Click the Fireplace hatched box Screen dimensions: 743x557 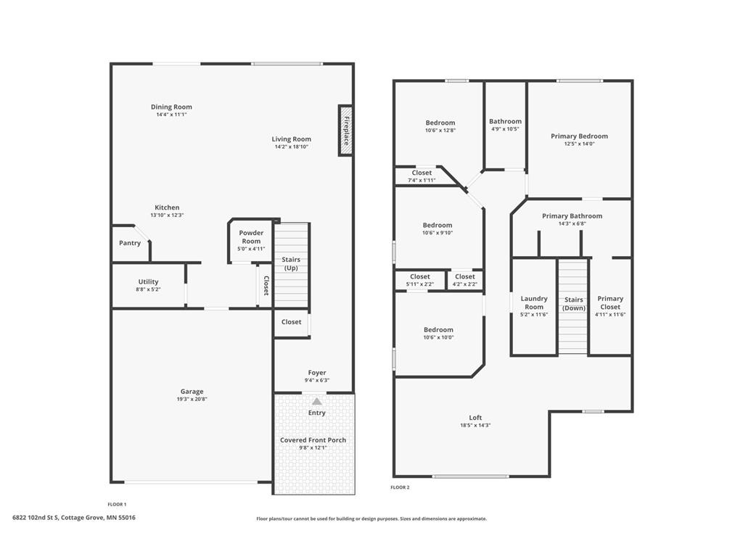(x=346, y=131)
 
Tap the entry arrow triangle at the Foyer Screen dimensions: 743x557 (x=317, y=402)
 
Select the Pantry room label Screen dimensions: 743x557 (x=130, y=243)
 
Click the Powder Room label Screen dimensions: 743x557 (x=251, y=237)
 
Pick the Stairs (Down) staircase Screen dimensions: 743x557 (x=573, y=307)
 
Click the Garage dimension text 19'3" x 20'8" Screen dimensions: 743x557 (x=192, y=400)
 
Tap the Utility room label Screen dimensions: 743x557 (x=148, y=282)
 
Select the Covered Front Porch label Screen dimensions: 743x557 (x=313, y=440)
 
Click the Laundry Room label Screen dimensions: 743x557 (x=534, y=302)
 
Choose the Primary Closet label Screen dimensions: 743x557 (x=610, y=302)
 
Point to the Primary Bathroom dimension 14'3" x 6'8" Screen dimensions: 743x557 (x=572, y=223)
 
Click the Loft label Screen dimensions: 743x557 (x=475, y=418)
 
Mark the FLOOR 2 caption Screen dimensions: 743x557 (x=400, y=487)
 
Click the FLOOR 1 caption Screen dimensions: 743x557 (x=117, y=505)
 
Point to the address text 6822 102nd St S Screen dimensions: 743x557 (x=35, y=518)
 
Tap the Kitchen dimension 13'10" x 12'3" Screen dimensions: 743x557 (x=167, y=215)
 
